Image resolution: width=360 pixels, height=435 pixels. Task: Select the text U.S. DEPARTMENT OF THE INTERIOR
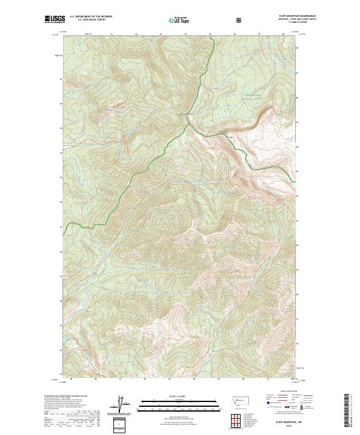(91, 17)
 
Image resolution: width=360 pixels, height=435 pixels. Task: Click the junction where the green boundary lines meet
(188, 122)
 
